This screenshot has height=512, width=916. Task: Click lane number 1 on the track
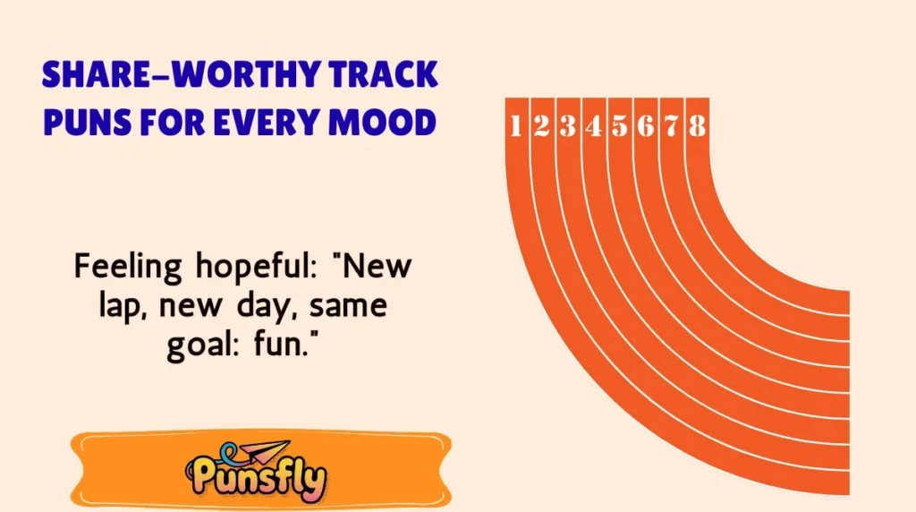[515, 127]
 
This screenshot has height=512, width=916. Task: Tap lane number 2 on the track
[541, 127]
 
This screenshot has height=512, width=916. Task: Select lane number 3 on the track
[567, 127]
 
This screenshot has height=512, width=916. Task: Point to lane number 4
[593, 127]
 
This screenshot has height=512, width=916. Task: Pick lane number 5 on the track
[619, 127]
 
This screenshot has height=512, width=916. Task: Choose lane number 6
[646, 127]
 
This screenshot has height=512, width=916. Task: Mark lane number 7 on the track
[672, 127]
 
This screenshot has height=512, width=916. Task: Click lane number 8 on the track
[698, 127]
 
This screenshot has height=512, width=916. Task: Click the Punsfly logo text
[257, 480]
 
